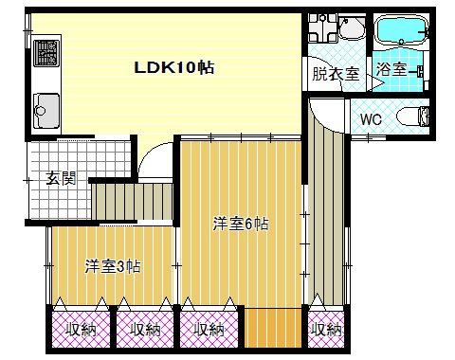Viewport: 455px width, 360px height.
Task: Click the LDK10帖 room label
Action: (x=174, y=67)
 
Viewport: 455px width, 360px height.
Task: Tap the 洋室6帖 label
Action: (x=241, y=224)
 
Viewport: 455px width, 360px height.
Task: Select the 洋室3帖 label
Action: (x=113, y=266)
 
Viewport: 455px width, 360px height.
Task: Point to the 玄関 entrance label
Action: (x=61, y=178)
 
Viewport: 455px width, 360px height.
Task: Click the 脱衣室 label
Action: (x=336, y=74)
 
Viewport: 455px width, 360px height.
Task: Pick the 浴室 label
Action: (x=391, y=68)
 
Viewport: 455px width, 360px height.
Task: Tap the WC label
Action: (x=371, y=119)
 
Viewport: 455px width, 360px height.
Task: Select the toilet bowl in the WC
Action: (x=412, y=117)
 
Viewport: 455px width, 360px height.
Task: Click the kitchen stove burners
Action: (x=46, y=53)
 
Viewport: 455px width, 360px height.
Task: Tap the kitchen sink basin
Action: (x=46, y=110)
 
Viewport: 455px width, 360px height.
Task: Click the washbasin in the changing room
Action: (x=352, y=27)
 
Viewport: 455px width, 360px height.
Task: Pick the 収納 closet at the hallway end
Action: (x=326, y=330)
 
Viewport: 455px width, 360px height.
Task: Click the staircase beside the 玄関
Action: (x=133, y=202)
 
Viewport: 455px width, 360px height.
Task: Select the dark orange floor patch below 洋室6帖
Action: (x=273, y=328)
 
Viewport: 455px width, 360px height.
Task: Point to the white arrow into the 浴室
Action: (x=375, y=82)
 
